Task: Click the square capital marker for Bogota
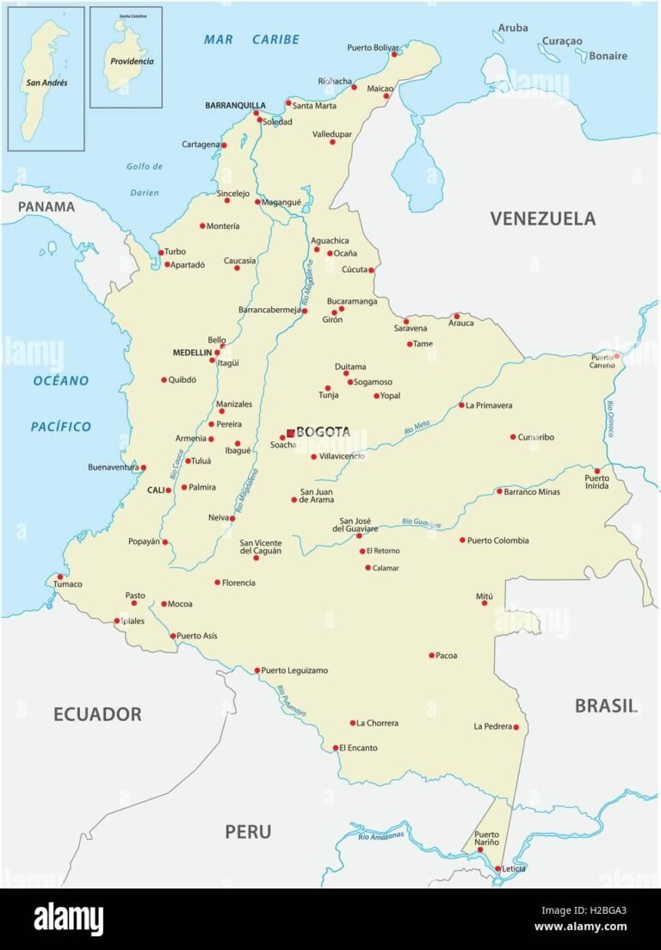pyautogui.click(x=291, y=433)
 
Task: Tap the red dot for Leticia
pyautogui.click(x=498, y=869)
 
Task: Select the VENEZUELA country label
pyautogui.click(x=542, y=219)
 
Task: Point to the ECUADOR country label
pyautogui.click(x=97, y=713)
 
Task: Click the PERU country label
pyautogui.click(x=248, y=831)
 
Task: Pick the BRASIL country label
pyautogui.click(x=606, y=706)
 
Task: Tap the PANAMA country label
pyautogui.click(x=46, y=207)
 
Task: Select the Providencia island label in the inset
pyautogui.click(x=131, y=61)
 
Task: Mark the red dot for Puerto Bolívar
pyautogui.click(x=395, y=54)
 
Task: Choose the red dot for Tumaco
pyautogui.click(x=59, y=577)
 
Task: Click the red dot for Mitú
pyautogui.click(x=485, y=603)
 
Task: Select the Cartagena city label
pyautogui.click(x=201, y=145)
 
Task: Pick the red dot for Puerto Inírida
pyautogui.click(x=596, y=471)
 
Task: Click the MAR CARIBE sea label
pyautogui.click(x=251, y=40)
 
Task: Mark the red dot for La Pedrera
pyautogui.click(x=516, y=727)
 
